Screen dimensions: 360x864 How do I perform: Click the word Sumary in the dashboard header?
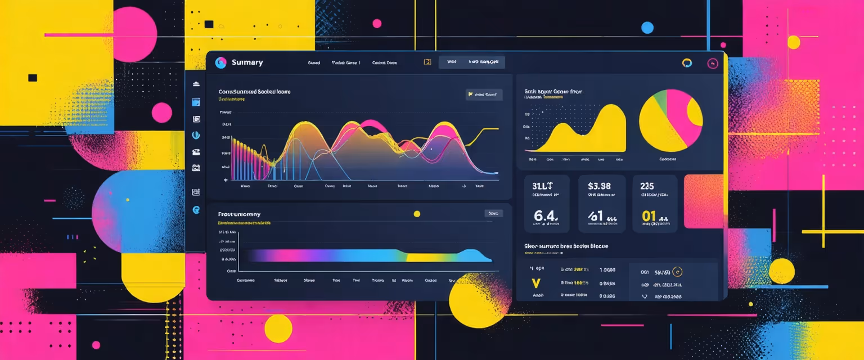coord(247,62)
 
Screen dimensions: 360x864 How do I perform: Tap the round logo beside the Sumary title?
coord(220,62)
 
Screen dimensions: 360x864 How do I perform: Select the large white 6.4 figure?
coord(545,215)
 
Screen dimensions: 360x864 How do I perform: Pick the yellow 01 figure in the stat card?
coord(649,215)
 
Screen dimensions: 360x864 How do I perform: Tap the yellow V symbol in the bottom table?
coord(535,281)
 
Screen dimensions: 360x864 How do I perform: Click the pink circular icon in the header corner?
coord(713,64)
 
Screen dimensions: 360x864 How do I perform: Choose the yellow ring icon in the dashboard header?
coord(686,63)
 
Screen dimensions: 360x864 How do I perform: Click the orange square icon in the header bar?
coord(427,62)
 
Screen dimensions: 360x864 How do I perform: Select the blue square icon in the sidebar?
coord(196,102)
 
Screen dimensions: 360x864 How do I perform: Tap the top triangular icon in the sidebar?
coord(196,84)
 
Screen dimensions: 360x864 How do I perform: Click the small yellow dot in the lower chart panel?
coord(417,214)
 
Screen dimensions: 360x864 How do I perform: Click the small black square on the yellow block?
coord(33,78)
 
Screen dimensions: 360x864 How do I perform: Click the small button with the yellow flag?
coord(484,94)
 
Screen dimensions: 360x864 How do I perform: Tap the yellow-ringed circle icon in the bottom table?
coord(677,272)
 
